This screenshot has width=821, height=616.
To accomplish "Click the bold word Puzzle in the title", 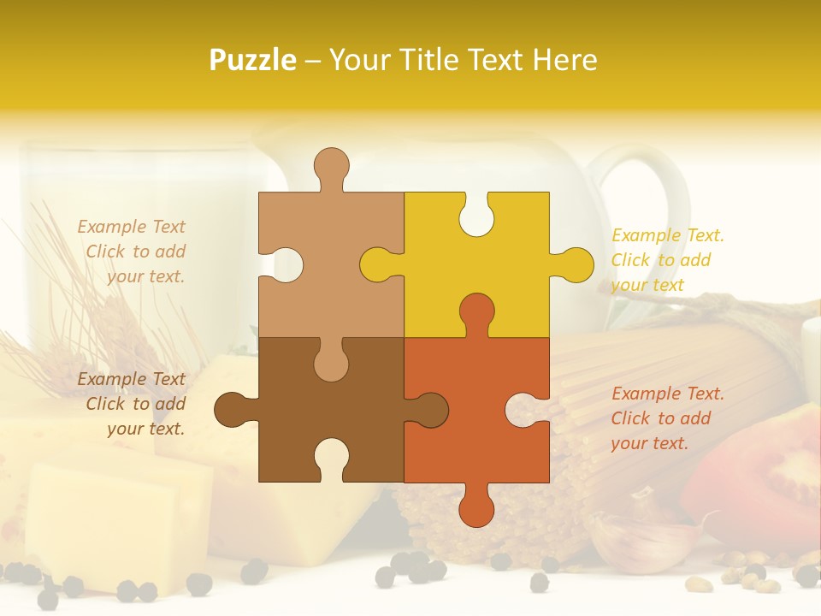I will pos(252,60).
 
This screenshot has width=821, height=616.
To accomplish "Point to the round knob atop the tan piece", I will pos(331,166).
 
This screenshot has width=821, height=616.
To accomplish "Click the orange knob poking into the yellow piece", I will pos(476,311).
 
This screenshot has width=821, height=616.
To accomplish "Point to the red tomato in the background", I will pos(761,479).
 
